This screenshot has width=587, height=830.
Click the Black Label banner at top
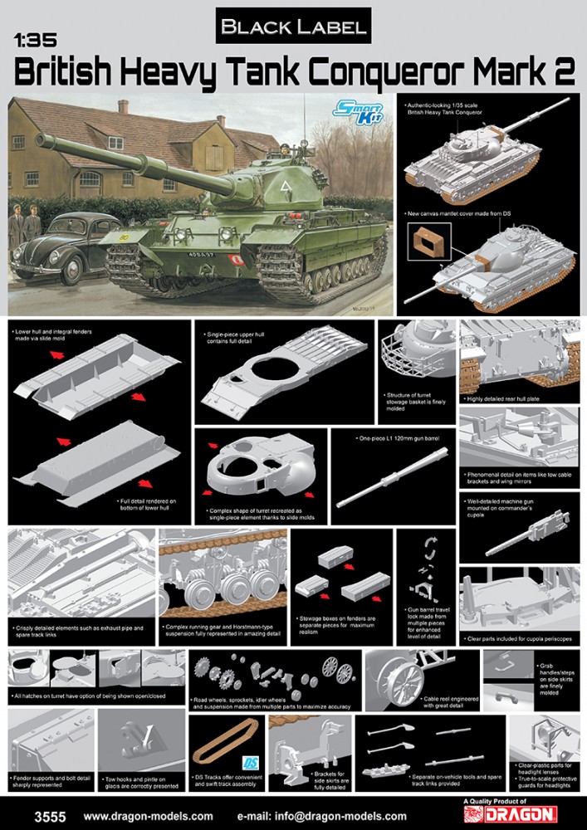pos(292,27)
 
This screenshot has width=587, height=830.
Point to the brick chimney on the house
pos(123,107)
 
